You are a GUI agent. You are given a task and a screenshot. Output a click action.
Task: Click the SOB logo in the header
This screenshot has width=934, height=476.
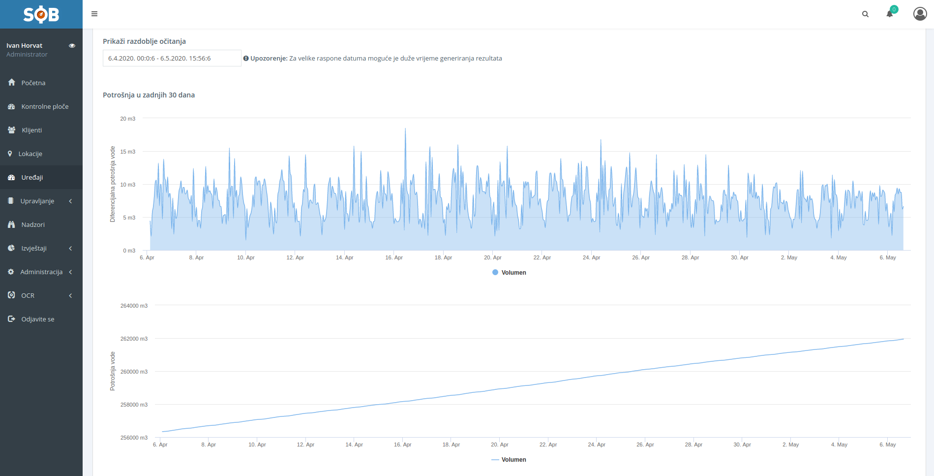(41, 14)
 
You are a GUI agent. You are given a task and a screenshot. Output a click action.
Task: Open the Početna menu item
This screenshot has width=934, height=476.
(33, 83)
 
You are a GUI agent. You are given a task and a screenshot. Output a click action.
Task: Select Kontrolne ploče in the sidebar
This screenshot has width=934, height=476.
(45, 106)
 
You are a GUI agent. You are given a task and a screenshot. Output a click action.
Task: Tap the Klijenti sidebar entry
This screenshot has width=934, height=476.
(31, 130)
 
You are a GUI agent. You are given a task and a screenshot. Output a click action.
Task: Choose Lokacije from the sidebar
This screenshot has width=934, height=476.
(30, 154)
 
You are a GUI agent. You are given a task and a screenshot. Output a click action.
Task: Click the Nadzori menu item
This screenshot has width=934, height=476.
(32, 224)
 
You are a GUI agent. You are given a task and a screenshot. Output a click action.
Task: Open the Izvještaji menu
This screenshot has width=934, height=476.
(34, 248)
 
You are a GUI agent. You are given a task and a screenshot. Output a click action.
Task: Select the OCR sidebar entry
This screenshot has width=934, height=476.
(28, 295)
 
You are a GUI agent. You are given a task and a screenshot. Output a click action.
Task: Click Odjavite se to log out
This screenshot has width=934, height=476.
(37, 319)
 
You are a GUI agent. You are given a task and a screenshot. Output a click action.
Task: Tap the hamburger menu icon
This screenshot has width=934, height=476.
(94, 14)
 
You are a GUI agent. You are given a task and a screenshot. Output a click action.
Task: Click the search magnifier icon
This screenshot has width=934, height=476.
(865, 14)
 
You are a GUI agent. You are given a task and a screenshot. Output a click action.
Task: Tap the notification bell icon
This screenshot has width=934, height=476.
(890, 14)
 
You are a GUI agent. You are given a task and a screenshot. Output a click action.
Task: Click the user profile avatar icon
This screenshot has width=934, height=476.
(920, 14)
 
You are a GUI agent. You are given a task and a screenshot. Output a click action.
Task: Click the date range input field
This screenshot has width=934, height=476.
(172, 58)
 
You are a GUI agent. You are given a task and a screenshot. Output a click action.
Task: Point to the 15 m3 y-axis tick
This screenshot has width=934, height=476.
(127, 152)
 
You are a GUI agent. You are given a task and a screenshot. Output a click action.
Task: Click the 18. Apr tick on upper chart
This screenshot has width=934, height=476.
(443, 257)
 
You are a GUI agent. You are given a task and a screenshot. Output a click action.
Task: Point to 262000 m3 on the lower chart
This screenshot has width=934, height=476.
(134, 339)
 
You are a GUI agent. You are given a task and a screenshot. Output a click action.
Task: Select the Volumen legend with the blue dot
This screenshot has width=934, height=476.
(510, 273)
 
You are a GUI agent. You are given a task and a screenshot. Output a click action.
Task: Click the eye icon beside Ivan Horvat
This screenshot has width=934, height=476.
(72, 46)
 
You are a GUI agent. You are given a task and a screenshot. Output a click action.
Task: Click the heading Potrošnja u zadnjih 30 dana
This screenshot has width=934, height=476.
(149, 95)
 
